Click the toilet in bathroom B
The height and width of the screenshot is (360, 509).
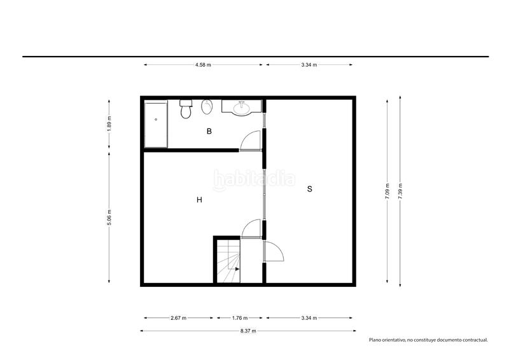(186, 109)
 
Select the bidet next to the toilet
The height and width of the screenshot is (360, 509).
(207, 107)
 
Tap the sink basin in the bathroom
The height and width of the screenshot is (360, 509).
(242, 107)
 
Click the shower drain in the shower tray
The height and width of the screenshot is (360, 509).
(156, 120)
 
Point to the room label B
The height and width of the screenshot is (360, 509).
(209, 131)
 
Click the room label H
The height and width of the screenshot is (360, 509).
(199, 200)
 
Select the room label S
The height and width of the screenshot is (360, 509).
(310, 189)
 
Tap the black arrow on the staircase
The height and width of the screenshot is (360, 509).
(237, 269)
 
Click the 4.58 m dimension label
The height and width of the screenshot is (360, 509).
(203, 65)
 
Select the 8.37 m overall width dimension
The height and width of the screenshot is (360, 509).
(248, 331)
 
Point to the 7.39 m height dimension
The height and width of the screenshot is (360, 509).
(400, 191)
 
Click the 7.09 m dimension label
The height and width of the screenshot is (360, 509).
(387, 191)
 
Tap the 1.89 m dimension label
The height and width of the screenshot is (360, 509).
(109, 124)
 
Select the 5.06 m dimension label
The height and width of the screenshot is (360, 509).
(109, 218)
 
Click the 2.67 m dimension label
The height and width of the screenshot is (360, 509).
(179, 318)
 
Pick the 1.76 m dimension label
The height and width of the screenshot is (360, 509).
(240, 318)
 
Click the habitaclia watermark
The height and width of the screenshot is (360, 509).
(254, 179)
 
